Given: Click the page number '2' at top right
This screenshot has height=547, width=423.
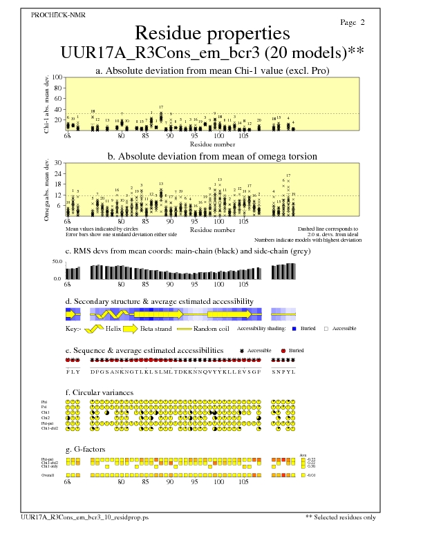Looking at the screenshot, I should (362, 22).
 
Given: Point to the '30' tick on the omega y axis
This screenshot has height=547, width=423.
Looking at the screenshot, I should (58, 163).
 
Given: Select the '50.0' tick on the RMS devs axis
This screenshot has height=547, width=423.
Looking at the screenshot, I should (57, 262).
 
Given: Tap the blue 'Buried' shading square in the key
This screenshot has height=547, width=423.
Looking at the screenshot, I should (294, 329).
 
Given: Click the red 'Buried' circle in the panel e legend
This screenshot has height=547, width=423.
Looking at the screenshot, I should (283, 351).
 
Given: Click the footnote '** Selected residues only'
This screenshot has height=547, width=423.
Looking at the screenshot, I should (341, 536).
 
